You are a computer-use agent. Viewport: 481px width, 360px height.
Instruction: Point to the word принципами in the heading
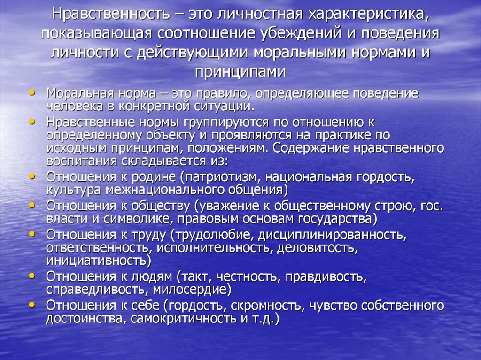click(x=240, y=72)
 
